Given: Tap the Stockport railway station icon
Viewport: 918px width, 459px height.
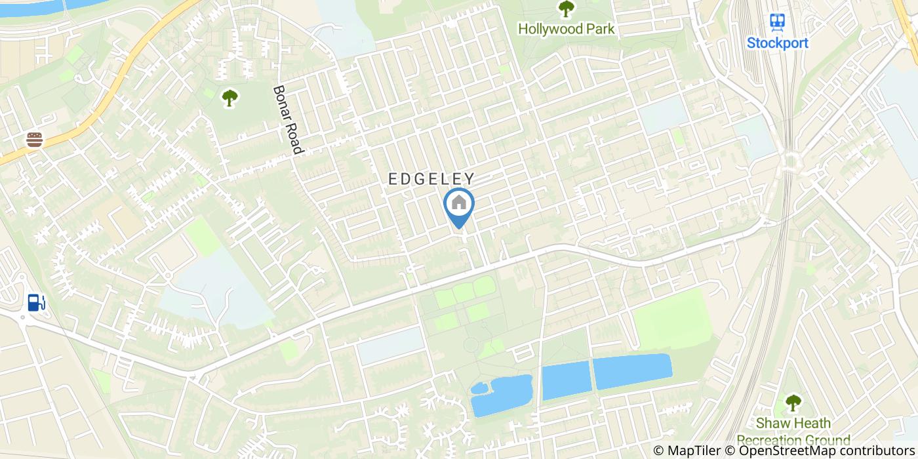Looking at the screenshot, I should (778, 22).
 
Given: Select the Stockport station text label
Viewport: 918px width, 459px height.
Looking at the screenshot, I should (778, 43).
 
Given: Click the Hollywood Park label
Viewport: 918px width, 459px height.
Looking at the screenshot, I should (566, 29).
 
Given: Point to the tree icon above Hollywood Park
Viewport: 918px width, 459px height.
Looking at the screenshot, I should (565, 9).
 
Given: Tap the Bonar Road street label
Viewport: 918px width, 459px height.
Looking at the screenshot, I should (288, 120).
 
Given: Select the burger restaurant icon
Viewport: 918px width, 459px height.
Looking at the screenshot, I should (35, 139).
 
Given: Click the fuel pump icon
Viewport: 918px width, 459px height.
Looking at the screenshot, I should (36, 302).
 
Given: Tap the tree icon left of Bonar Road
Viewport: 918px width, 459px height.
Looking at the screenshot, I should (229, 98).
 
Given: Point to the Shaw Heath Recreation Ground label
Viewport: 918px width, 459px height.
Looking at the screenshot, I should (793, 431).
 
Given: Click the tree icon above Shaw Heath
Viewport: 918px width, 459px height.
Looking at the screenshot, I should (793, 401).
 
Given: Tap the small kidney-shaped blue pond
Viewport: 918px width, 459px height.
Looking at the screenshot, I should (502, 395).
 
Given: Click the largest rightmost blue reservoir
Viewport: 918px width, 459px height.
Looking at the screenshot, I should (632, 371).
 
